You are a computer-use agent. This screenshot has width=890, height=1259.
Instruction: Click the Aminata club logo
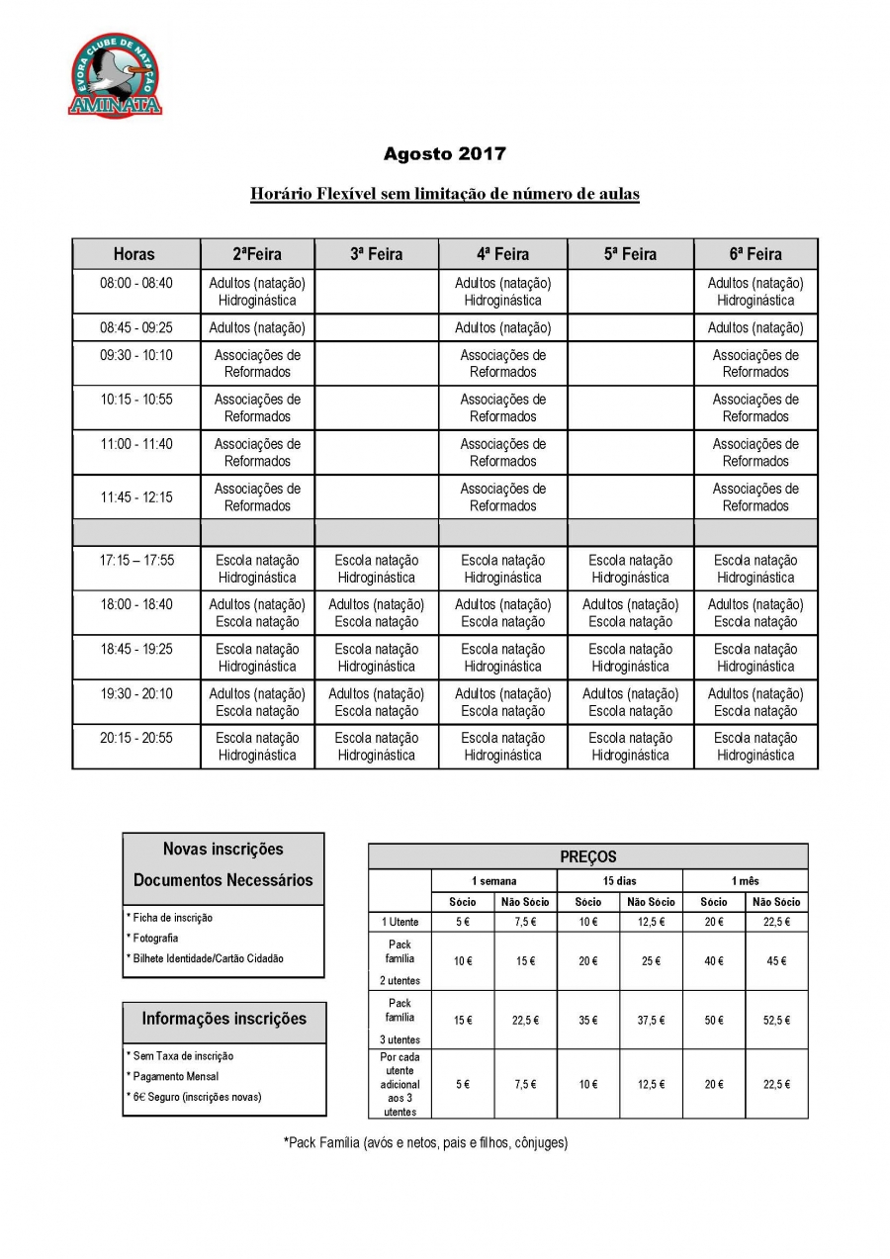pos(115,76)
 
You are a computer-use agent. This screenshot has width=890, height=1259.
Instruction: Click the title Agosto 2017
pos(444,154)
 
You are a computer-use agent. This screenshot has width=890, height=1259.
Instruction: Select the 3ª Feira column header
pos(376,254)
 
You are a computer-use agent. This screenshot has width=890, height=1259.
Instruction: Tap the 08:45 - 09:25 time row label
pos(135,327)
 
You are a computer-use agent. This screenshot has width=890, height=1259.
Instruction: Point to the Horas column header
pos(134,254)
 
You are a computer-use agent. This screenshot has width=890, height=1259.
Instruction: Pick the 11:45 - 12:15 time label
pos(135,497)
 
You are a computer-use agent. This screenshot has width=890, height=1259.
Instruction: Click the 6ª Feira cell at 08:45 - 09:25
pos(756,327)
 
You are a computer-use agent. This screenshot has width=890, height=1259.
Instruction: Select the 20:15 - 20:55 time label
pos(135,738)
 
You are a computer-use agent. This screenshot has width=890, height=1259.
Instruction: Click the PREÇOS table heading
pos(587,856)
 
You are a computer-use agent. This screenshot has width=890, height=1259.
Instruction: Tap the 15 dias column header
pos(619,880)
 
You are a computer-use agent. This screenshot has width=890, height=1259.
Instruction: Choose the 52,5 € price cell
pos(776,1020)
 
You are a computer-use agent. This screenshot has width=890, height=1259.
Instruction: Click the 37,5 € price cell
pos(651,1020)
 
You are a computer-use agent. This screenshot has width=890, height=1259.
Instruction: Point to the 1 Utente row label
pos(400,922)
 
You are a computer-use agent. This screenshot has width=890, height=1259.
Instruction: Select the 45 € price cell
pos(776,960)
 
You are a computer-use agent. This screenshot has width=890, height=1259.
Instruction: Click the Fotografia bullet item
pos(154,938)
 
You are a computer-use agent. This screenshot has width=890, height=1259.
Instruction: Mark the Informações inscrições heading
pos(223,1019)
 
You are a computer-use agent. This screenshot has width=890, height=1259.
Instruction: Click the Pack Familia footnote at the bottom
pos(425,1143)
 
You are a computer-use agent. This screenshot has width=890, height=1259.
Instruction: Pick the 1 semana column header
pos(493,880)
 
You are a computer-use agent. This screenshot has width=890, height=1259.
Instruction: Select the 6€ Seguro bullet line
pos(195,1096)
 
